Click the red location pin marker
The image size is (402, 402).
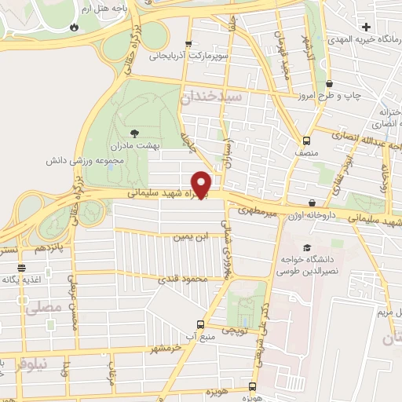coord(202,184)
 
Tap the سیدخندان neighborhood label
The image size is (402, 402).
coord(214,97)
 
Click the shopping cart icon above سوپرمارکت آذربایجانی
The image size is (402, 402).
coord(188,45)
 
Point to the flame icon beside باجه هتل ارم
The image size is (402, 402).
coord(74,26)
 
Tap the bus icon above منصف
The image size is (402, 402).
coord(306,141)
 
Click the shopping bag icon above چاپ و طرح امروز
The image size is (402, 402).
coord(328,83)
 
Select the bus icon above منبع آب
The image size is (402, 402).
coord(200,324)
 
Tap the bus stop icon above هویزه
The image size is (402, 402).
coord(251,386)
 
